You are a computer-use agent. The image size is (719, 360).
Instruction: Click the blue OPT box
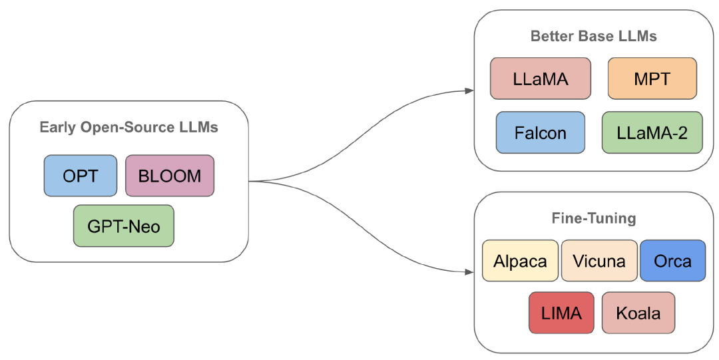[x=81, y=176]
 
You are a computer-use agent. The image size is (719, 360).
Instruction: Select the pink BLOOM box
[x=170, y=176]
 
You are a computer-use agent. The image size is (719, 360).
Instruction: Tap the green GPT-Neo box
[x=124, y=226]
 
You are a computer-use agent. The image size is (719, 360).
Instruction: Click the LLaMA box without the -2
[x=541, y=79]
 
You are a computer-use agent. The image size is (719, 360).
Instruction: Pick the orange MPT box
[x=652, y=79]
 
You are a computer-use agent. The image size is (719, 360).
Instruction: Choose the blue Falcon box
[x=541, y=132]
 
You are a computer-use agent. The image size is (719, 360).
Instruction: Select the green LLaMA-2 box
[x=652, y=132]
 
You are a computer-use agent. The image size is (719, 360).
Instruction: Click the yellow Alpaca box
[x=520, y=260]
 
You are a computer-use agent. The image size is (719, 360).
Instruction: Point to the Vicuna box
[x=599, y=260]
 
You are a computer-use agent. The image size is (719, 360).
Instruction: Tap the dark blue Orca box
[x=672, y=260]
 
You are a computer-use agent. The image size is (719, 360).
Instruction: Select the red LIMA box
[x=561, y=313]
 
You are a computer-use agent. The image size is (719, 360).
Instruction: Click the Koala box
[x=638, y=313]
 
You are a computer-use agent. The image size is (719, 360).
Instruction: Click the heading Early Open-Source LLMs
[x=129, y=127]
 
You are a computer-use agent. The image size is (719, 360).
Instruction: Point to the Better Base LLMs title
[x=594, y=36]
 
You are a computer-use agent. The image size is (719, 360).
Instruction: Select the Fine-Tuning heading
[x=594, y=218]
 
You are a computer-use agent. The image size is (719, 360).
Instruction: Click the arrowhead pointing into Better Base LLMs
[x=469, y=90]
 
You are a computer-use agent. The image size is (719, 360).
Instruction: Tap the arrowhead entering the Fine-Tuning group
[x=469, y=272]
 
